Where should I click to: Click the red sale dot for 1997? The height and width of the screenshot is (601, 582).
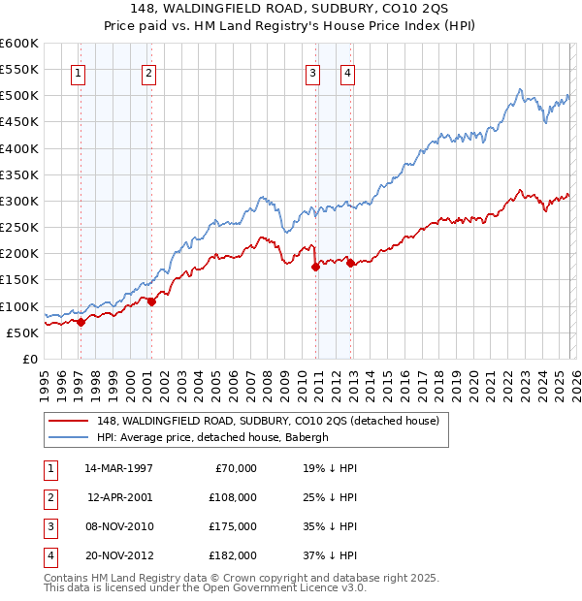pos(81,323)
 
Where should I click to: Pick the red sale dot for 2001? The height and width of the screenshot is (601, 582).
pos(151,302)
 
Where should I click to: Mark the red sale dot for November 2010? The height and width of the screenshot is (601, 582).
pos(315,268)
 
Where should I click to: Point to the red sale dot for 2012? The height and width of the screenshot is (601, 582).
pos(350,264)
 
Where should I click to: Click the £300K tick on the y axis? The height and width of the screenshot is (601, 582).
pos(19,202)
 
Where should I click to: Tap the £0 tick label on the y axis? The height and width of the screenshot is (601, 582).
pos(29,359)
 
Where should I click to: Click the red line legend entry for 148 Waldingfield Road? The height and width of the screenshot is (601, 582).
pos(268,421)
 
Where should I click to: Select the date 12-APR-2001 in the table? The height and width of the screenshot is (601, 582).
pos(120,497)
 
